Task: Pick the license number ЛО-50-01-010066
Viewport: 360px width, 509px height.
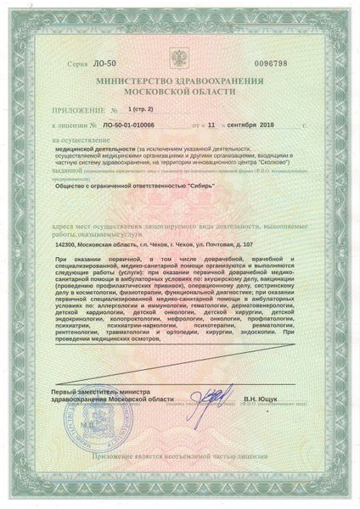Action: (127, 125)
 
